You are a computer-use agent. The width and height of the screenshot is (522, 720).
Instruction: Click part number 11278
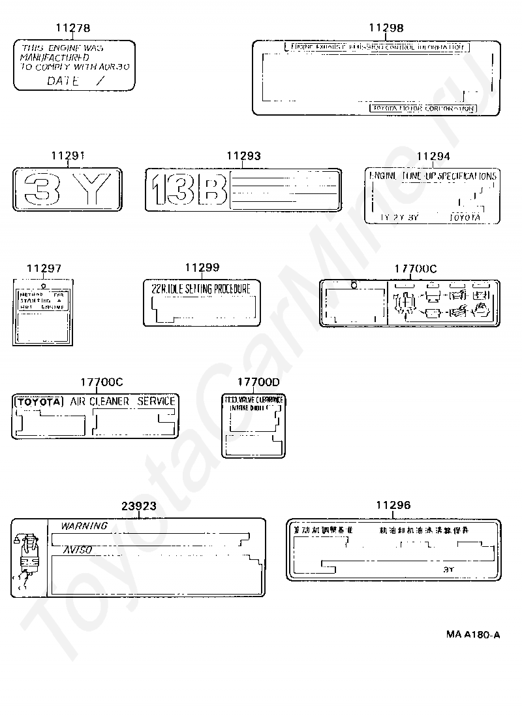(x=72, y=28)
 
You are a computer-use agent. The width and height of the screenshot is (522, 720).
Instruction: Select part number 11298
(x=386, y=27)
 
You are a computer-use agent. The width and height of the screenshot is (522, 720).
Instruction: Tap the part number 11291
(x=67, y=155)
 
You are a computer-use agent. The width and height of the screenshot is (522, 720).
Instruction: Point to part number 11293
(x=243, y=155)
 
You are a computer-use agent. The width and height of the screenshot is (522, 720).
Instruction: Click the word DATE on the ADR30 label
(x=63, y=81)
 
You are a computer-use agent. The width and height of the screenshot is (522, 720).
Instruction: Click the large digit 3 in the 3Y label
(x=42, y=189)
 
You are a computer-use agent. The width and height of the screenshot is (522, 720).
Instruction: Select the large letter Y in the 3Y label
(x=93, y=189)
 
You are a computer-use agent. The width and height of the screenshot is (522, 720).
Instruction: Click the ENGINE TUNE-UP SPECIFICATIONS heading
(x=433, y=176)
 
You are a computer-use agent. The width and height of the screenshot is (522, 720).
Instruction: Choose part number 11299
(x=202, y=267)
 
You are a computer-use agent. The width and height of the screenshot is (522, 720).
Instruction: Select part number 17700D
(x=258, y=382)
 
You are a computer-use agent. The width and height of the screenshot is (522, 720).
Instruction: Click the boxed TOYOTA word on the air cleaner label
(x=38, y=402)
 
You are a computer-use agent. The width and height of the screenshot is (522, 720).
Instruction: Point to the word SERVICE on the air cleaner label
(x=156, y=401)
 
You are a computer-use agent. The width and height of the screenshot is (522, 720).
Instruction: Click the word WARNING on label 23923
(x=84, y=525)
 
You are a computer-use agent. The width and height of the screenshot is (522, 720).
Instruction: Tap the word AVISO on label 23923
(x=77, y=550)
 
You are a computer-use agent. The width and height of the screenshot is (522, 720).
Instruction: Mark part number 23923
(x=139, y=506)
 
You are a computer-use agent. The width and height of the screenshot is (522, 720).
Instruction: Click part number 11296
(x=393, y=505)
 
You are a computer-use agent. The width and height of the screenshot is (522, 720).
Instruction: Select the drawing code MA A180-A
(x=473, y=634)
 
